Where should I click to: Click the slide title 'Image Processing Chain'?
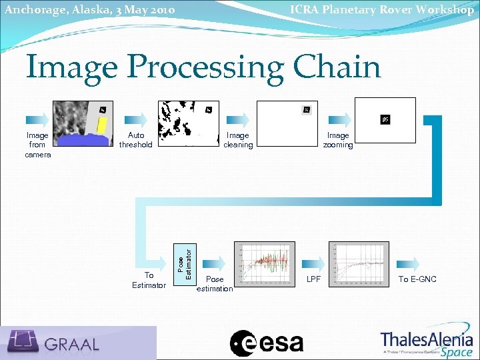coord(203,67)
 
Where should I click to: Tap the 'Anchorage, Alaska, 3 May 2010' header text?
coord(89,9)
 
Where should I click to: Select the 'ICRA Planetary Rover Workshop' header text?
coord(381,9)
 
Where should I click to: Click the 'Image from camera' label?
coord(37,145)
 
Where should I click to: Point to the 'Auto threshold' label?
coord(135,140)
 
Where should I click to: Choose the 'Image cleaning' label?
coord(238,140)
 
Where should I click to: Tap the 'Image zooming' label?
coord(338,140)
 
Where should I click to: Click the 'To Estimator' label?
coord(149,280)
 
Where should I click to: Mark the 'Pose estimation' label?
coord(215,284)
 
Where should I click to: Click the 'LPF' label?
coord(313,279)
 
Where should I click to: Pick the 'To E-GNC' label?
coord(417,279)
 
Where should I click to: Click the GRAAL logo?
coord(79,343)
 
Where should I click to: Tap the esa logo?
coord(267,343)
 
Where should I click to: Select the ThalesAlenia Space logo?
coord(427,343)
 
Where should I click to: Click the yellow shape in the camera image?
coord(103,127)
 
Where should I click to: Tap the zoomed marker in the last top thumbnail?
coord(385,120)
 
